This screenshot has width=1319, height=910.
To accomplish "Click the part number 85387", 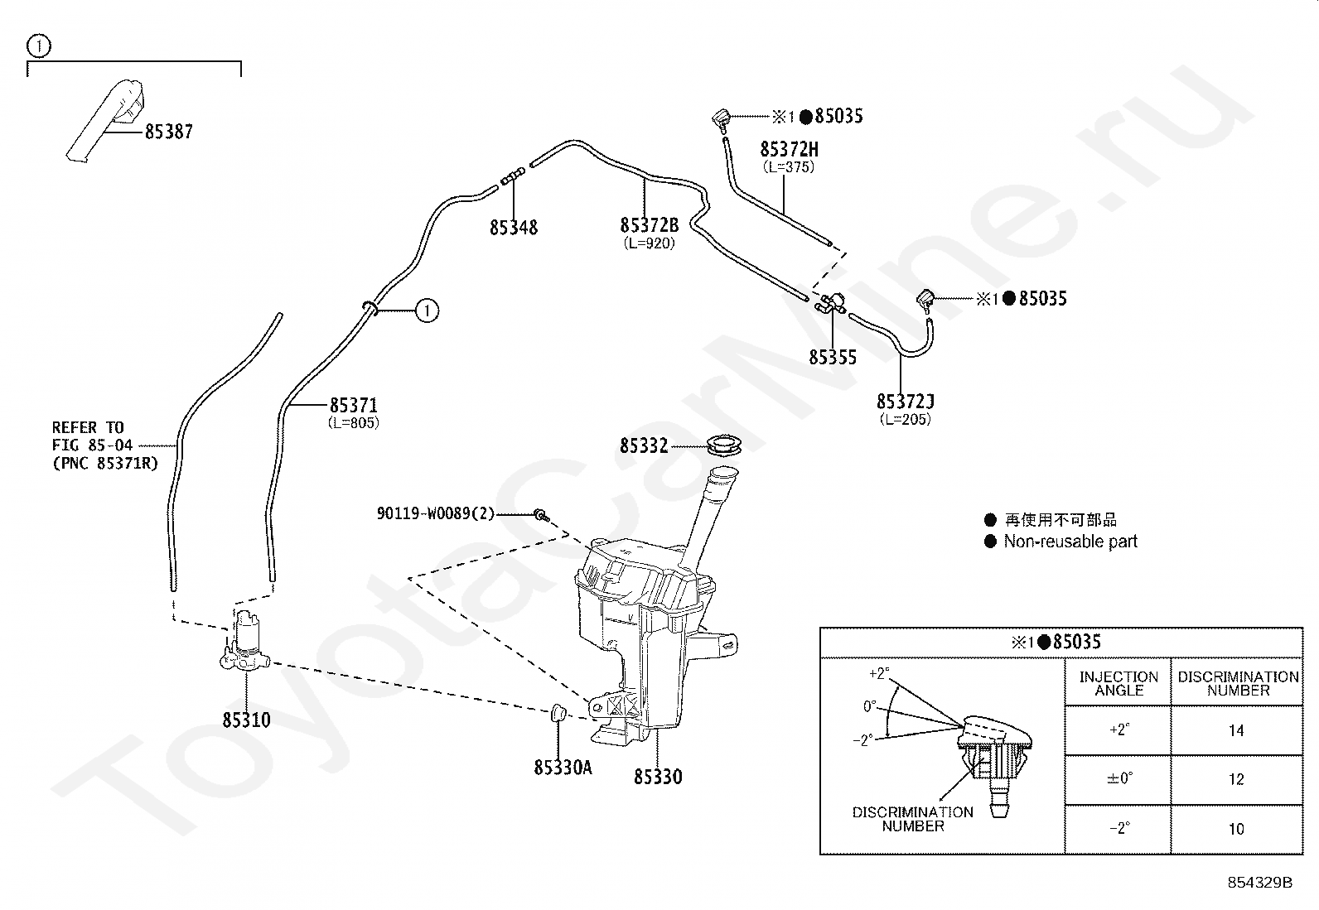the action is point(169,132).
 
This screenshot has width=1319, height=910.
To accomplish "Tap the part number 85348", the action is point(514,228).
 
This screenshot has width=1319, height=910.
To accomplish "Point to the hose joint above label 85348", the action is point(513,176).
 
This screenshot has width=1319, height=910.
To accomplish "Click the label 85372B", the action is point(650,225).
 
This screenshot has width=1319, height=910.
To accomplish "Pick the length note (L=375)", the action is point(789,167).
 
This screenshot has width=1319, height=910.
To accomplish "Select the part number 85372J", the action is point(905,402).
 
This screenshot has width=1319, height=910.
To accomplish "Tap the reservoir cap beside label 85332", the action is point(723,444).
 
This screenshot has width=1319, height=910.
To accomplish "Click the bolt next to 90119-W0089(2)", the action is point(542,516).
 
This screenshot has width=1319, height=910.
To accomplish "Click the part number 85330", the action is point(658,777).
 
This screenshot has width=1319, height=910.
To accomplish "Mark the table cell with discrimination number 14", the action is point(1236,730).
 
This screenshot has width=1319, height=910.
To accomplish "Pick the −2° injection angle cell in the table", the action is point(1118,830).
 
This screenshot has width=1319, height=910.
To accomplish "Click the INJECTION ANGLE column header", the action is point(1118,683).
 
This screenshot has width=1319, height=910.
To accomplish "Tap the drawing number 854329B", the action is point(1259,883).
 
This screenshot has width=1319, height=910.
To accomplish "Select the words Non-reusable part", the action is point(1070,541).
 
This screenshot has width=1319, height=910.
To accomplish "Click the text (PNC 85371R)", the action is point(105,463).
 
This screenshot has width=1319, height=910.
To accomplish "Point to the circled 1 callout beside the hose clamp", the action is point(427,311).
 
